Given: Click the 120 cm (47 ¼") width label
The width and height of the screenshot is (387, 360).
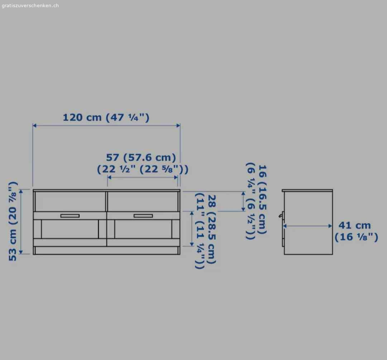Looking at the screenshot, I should click(x=106, y=117).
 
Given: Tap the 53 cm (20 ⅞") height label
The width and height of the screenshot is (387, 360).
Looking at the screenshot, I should click(x=13, y=221).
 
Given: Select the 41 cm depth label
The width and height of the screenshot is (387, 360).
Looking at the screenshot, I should click(x=354, y=225).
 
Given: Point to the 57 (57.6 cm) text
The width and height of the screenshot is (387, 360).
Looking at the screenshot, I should click(x=141, y=157).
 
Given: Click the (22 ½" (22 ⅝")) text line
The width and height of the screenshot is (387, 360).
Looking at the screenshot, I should click(x=142, y=169).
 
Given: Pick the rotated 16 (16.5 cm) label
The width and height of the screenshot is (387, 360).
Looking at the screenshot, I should click(x=262, y=199).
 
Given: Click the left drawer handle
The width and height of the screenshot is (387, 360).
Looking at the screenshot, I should click(x=70, y=216).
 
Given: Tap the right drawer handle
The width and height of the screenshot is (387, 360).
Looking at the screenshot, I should click(x=143, y=216).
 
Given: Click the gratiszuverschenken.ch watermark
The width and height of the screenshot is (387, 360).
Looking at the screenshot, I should click(x=30, y=5).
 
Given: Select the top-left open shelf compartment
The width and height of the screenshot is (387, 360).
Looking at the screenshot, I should click(x=70, y=201).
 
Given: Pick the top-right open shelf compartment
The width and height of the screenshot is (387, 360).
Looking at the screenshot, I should click(x=143, y=201).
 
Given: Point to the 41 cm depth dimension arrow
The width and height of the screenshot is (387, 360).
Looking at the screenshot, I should click(x=308, y=226).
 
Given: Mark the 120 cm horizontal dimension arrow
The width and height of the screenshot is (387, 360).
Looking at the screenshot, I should click(x=106, y=125).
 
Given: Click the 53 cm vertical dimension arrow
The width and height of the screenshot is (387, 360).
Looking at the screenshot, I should click(x=21, y=221).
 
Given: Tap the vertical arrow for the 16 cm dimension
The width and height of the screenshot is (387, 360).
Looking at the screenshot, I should click(x=243, y=201).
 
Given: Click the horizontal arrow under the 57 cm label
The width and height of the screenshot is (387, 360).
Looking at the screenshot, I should click(x=143, y=177).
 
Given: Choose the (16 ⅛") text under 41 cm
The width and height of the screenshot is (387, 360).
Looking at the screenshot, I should click(x=356, y=237).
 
